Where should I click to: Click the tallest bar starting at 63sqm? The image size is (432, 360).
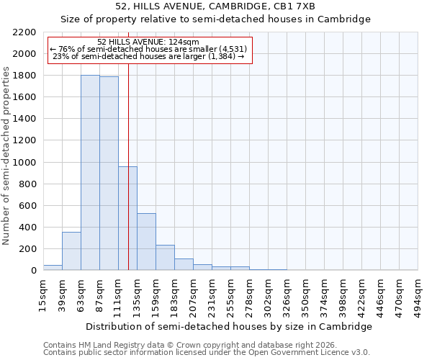coord(90,173)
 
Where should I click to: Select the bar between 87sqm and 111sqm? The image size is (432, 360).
coord(109,174)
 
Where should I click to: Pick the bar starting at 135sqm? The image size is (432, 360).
coord(146,242)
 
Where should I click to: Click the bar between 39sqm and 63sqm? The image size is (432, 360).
coord(71,251)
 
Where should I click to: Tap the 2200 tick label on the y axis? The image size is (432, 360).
coord(24,32)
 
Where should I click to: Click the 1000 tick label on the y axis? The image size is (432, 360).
coord(24,163)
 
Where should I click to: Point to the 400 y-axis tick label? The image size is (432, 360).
coord(27,228)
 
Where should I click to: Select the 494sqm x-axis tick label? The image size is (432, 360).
coord(418,294)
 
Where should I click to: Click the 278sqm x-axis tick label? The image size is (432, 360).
coord(249,294)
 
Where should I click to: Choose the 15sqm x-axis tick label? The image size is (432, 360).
coord(43,294)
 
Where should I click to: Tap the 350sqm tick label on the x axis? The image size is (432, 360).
coord(305,294)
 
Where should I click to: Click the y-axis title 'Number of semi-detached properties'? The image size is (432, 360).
coord(7,155)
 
